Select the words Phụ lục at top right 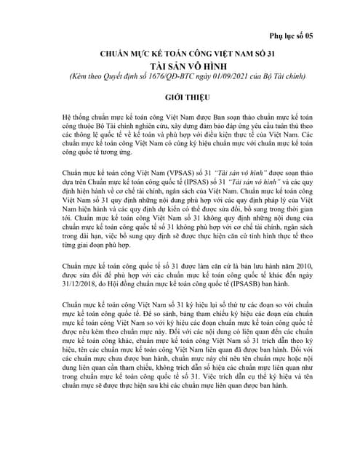coord(284,36)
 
